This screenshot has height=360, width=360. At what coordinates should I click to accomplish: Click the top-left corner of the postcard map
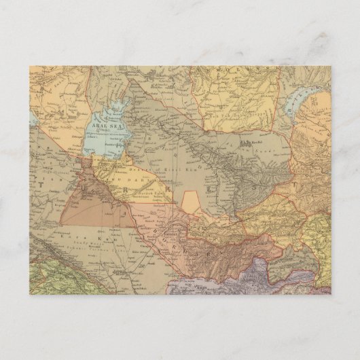(30, 65)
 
